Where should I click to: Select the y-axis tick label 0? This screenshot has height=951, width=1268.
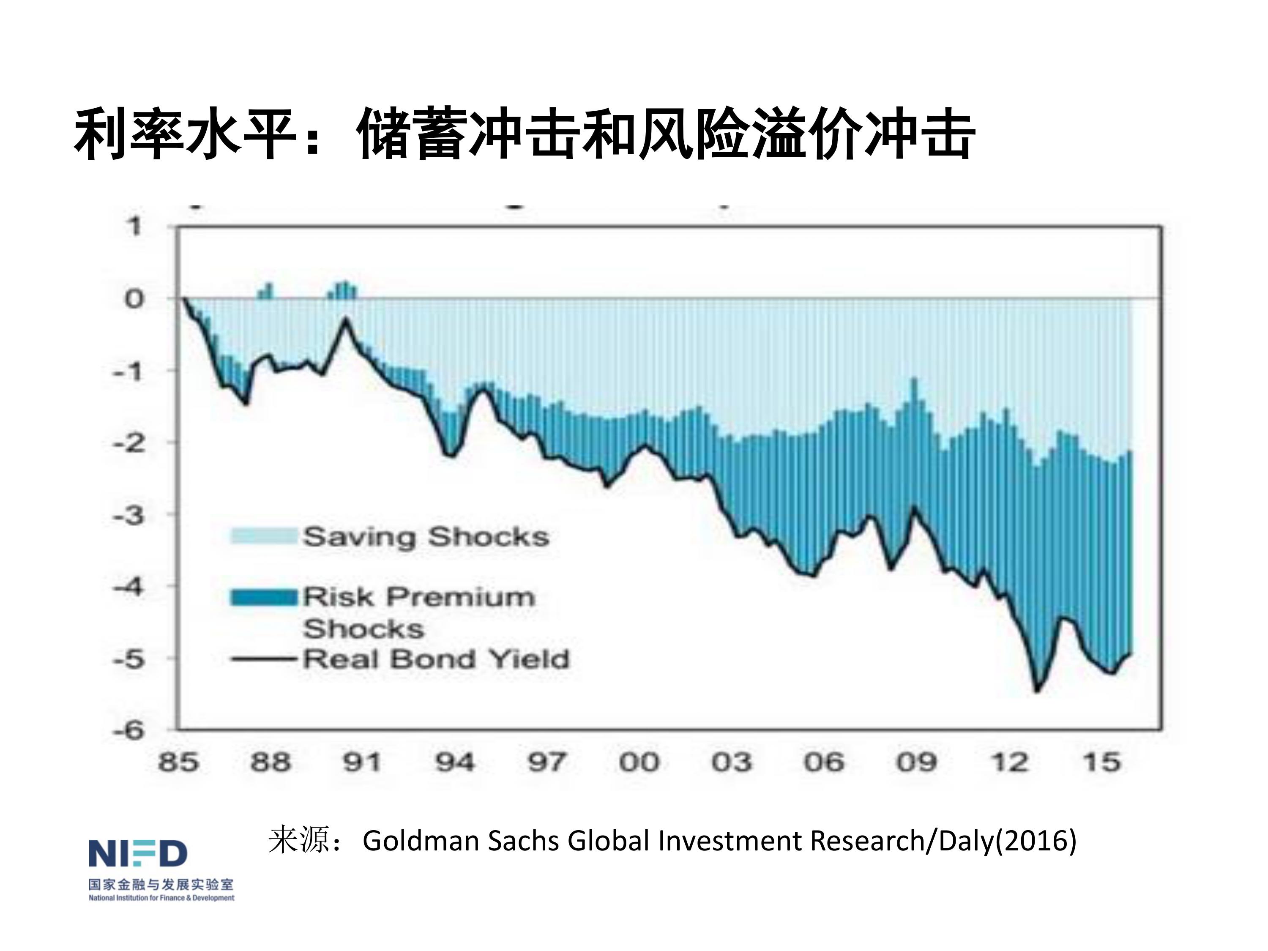click(x=134, y=299)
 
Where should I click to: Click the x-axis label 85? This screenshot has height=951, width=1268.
click(x=178, y=763)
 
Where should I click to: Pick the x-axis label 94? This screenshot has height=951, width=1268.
click(x=454, y=763)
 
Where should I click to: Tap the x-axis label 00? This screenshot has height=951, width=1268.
click(x=639, y=763)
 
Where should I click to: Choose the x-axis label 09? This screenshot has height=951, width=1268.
click(x=916, y=763)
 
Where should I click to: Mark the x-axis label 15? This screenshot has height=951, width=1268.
click(x=1101, y=763)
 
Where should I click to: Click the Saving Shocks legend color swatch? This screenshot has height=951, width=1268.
click(x=264, y=536)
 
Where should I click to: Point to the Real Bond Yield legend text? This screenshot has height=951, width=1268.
click(x=436, y=659)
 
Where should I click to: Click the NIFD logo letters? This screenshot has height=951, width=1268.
click(x=137, y=853)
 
